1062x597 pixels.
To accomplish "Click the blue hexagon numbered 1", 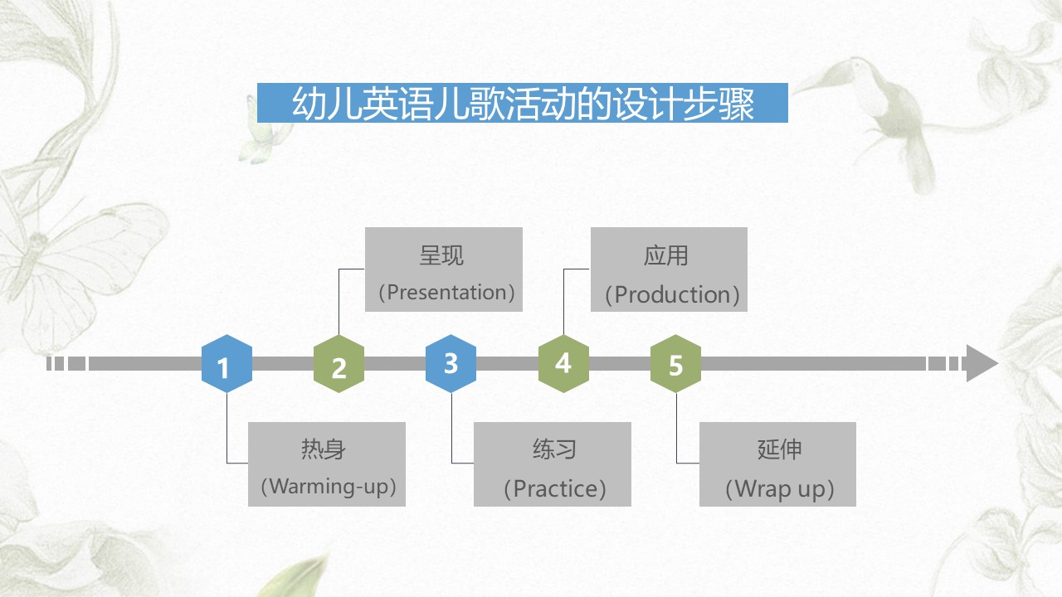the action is tap(227, 363).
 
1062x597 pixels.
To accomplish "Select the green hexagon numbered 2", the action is tap(339, 363).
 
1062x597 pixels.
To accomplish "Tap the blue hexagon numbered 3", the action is tap(451, 363).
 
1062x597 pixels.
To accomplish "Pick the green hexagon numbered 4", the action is tap(563, 363).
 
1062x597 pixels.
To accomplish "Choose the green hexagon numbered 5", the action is tap(675, 363).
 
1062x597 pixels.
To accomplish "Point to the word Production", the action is tap(672, 294).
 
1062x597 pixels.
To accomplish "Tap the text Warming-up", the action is tap(329, 487).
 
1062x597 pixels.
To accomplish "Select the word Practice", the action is tap(555, 488).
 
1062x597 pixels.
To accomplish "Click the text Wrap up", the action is tap(780, 489).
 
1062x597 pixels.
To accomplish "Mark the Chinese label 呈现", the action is tap(441, 255).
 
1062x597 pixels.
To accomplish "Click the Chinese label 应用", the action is tap(666, 255).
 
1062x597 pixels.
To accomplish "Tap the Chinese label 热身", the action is tap(324, 449).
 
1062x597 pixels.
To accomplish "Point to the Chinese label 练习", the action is tap(555, 449).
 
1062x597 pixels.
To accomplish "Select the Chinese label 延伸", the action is tap(780, 449).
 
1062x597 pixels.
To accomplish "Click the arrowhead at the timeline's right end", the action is tap(982, 363).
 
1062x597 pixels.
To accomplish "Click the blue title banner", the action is tap(523, 103).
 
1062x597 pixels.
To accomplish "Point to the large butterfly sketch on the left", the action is tap(80, 270).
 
